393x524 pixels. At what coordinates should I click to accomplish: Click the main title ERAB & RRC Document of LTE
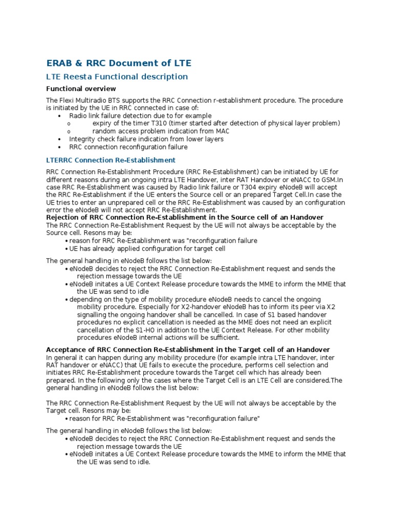coord(119,63)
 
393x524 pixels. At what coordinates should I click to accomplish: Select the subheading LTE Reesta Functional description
coord(117,77)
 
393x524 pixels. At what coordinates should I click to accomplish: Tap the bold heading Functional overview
coord(81,89)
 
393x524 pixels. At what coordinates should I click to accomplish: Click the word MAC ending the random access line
coord(222,131)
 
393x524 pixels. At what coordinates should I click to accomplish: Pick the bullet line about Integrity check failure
coord(146,139)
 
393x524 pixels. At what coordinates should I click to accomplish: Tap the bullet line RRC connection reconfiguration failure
coord(128,147)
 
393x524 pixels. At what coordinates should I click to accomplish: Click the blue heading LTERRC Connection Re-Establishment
coord(111,160)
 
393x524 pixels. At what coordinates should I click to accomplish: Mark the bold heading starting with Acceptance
coord(188,350)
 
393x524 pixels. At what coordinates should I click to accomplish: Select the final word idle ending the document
coord(143,462)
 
